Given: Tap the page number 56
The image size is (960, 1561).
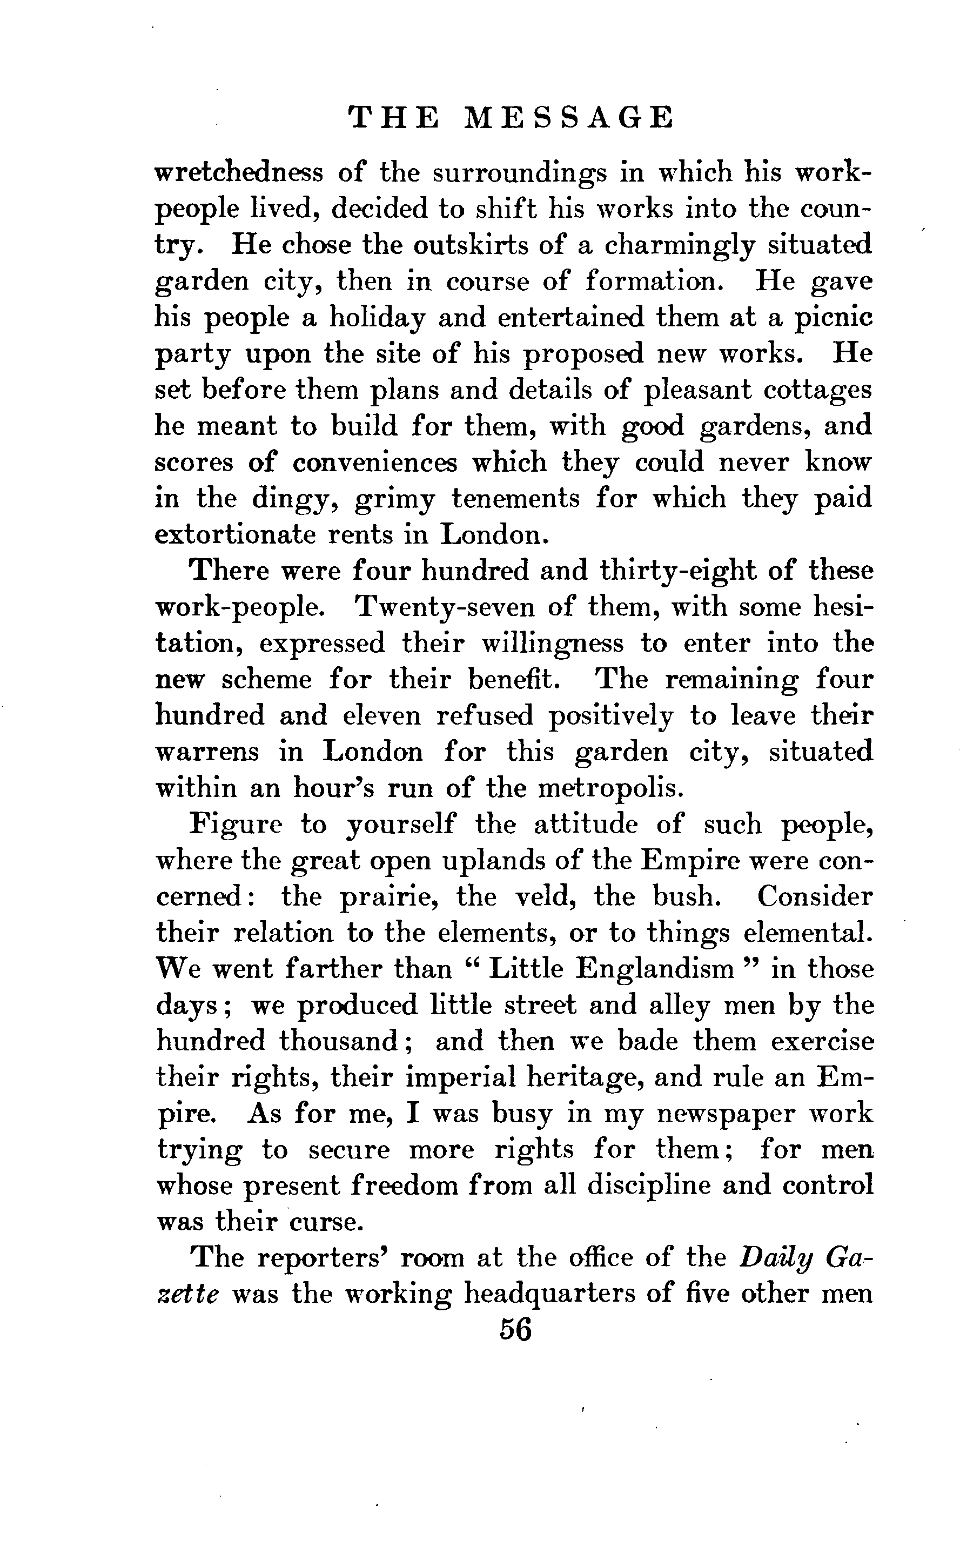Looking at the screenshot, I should coord(515,1330).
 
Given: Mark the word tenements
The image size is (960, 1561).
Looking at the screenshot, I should coord(515,499).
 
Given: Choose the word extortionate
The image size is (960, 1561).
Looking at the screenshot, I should coord(236,535).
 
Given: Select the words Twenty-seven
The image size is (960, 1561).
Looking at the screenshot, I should coord(445,608).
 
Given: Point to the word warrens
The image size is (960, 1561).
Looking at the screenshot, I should coord(207,753).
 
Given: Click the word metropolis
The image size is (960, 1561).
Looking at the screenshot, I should coord(611,789).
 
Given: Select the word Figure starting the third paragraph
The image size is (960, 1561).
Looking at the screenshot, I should coord(236,825).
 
